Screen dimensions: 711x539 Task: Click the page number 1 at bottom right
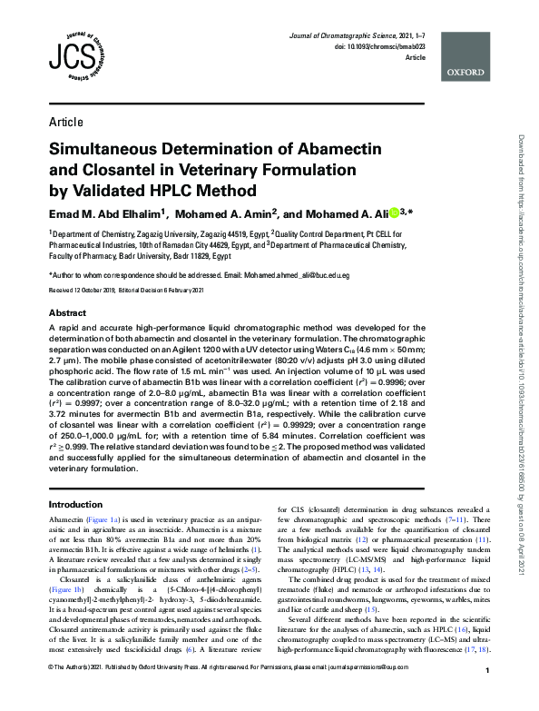click(487, 696)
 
